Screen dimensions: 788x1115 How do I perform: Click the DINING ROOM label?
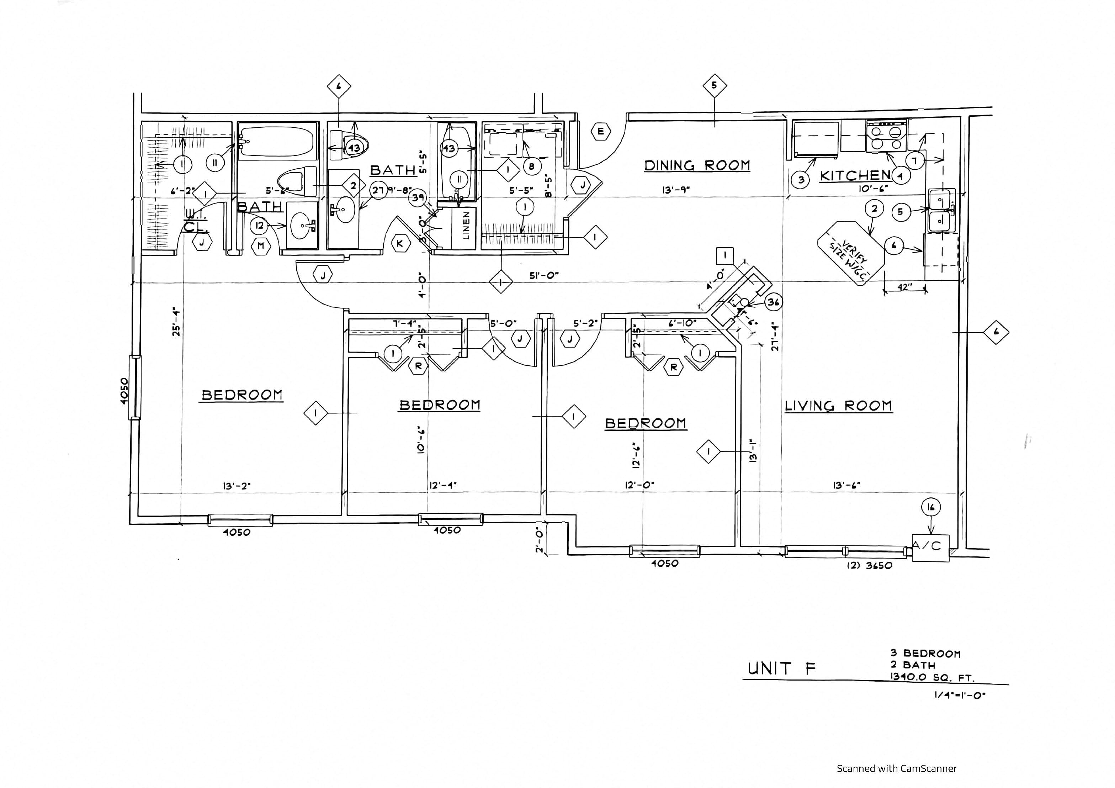pos(697,166)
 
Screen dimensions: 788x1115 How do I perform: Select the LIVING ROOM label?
pos(838,406)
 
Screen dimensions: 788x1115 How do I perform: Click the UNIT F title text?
pos(781,668)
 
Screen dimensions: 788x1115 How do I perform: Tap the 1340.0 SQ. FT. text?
pos(932,677)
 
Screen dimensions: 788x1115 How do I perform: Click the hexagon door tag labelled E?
pos(601,131)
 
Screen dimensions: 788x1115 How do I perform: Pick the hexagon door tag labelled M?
pos(261,246)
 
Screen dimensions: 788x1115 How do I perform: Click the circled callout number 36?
pos(774,302)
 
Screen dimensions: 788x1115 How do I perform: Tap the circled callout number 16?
pos(930,508)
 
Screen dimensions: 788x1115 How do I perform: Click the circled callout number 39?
pos(418,198)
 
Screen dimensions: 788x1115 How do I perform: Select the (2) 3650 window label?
pos(869,566)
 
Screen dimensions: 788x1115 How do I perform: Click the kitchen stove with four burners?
pos(886,137)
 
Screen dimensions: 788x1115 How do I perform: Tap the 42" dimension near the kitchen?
pos(902,287)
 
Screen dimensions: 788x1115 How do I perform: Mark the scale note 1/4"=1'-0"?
pos(960,695)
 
